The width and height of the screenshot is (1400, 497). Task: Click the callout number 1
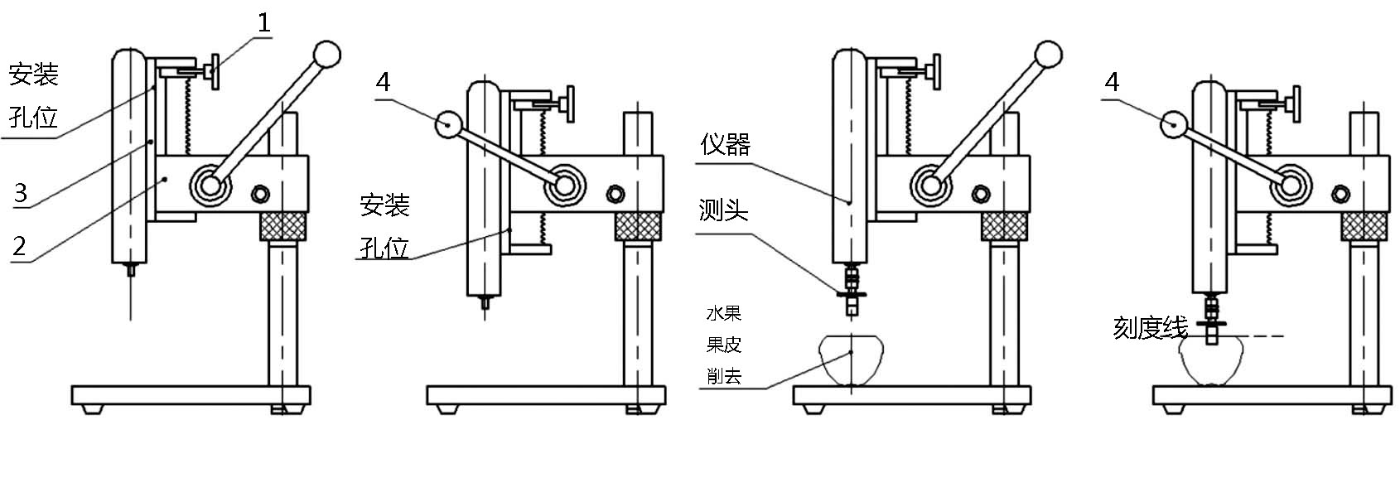[263, 23]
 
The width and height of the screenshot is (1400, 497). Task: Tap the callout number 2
[19, 246]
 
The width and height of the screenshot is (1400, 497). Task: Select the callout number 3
[21, 193]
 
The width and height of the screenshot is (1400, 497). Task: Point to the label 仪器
[725, 144]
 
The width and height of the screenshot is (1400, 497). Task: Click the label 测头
[723, 210]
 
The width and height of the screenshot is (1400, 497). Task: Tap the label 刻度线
[1150, 327]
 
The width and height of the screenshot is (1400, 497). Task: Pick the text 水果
[724, 312]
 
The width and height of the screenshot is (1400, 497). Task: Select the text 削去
[724, 376]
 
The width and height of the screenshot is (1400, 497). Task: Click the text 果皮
[724, 344]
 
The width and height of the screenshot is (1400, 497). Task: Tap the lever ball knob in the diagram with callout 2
[327, 55]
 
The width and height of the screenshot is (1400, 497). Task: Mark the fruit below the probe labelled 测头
[852, 360]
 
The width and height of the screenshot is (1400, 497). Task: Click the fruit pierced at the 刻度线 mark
[1210, 361]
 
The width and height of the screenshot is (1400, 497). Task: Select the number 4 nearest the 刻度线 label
[1111, 82]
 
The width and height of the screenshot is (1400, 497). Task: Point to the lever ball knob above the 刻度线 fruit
[1174, 124]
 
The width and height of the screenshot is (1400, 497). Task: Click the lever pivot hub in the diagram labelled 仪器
[930, 185]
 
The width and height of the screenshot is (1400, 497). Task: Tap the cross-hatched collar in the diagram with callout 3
[283, 225]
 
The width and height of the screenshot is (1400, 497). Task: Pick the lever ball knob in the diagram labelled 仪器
[1048, 55]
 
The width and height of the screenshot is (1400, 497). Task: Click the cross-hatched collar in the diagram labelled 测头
[1004, 225]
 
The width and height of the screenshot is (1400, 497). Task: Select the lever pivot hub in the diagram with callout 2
[210, 185]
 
